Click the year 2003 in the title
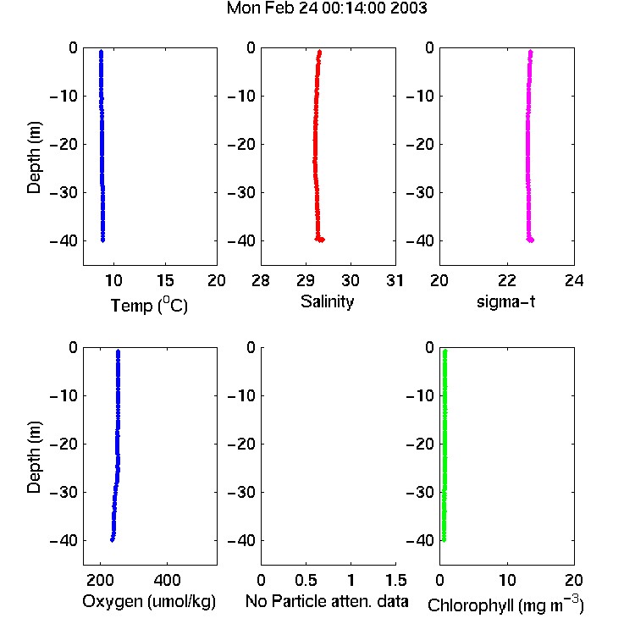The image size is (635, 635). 409,8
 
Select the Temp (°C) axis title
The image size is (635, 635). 149,305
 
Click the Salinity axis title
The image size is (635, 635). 327,301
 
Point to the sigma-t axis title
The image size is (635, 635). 505,301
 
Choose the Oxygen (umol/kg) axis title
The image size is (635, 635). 149,601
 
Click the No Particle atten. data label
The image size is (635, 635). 327,601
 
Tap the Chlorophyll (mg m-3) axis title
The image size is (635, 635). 505,605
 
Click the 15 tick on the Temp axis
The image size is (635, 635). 165,280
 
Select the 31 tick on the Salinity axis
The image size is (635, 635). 395,280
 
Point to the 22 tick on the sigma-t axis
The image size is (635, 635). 507,280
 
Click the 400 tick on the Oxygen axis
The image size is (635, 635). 167,580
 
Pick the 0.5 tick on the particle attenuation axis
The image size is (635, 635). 306,580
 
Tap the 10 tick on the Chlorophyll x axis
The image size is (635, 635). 507,580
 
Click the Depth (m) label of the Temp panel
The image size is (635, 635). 34,157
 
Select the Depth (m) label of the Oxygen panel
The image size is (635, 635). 34,457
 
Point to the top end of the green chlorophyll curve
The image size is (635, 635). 445,351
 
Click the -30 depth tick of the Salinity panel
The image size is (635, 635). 242,193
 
